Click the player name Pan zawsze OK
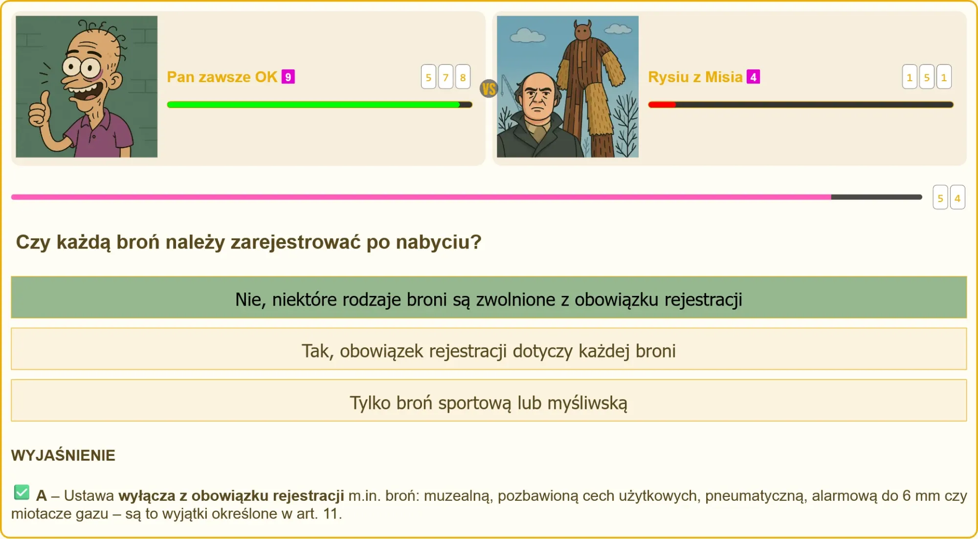pyautogui.click(x=222, y=77)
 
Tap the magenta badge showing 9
pyautogui.click(x=288, y=77)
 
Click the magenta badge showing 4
pyautogui.click(x=753, y=77)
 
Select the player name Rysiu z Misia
pyautogui.click(x=695, y=77)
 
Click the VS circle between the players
pyautogui.click(x=489, y=89)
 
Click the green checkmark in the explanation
pyautogui.click(x=22, y=493)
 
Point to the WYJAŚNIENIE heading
pyautogui.click(x=63, y=455)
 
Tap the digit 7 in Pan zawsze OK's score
pyautogui.click(x=445, y=77)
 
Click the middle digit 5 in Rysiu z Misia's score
pyautogui.click(x=927, y=77)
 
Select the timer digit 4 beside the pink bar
pyautogui.click(x=957, y=198)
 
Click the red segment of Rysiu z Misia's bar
pyautogui.click(x=662, y=105)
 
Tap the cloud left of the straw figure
pyautogui.click(x=527, y=36)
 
